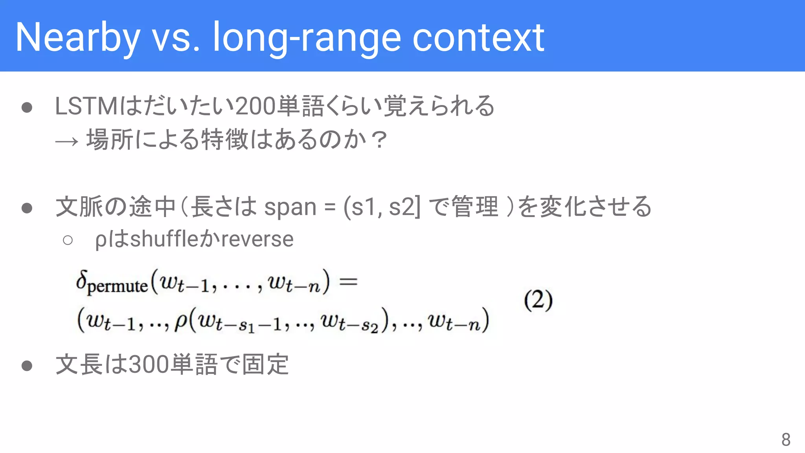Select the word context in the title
point(478,38)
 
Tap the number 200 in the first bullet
point(255,106)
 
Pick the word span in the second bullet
point(290,207)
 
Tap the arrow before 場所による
point(66,141)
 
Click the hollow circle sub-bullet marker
point(68,240)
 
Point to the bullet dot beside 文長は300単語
point(27,366)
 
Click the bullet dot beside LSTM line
point(27,107)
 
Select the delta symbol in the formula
point(81,280)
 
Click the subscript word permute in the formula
point(117,286)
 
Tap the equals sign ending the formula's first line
point(348,282)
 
